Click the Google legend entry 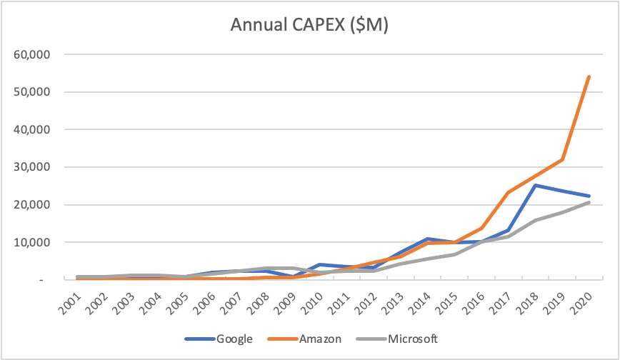[234, 338]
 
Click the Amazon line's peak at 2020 [589, 76]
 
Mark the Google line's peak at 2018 [535, 185]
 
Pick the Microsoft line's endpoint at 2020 [589, 202]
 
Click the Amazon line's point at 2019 [562, 159]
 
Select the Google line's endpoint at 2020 [589, 196]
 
